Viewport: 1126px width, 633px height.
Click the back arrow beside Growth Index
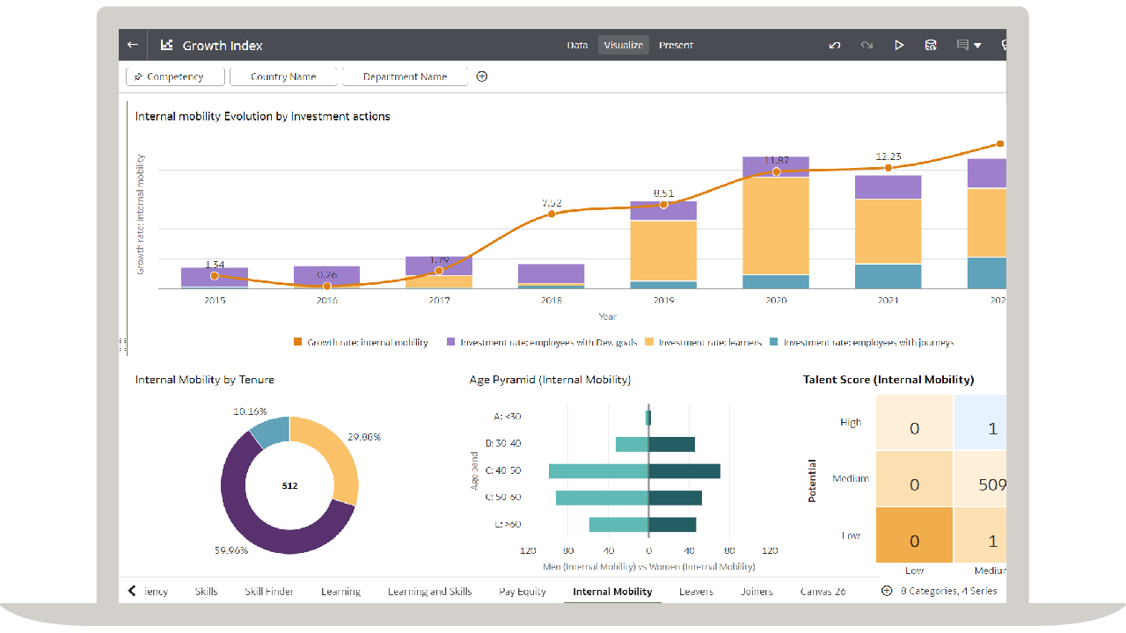(133, 45)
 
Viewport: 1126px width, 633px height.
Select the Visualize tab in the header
(623, 45)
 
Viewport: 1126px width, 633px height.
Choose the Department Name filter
(405, 76)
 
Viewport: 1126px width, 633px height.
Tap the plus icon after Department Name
(482, 76)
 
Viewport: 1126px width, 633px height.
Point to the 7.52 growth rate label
(552, 203)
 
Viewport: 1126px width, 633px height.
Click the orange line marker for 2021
(888, 167)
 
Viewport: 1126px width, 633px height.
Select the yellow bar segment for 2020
(776, 225)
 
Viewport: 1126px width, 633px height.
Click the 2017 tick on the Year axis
(439, 301)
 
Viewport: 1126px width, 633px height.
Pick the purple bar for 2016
(326, 275)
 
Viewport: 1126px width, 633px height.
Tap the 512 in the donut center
(289, 485)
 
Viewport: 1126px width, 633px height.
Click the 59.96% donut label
(231, 550)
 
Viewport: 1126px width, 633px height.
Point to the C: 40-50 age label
(502, 470)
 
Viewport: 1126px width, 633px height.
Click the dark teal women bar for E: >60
(672, 525)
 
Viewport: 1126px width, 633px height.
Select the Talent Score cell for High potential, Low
(914, 429)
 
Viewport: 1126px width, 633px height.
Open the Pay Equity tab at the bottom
(523, 592)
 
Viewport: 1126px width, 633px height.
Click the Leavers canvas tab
(696, 592)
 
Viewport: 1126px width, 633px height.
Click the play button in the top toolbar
(898, 45)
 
